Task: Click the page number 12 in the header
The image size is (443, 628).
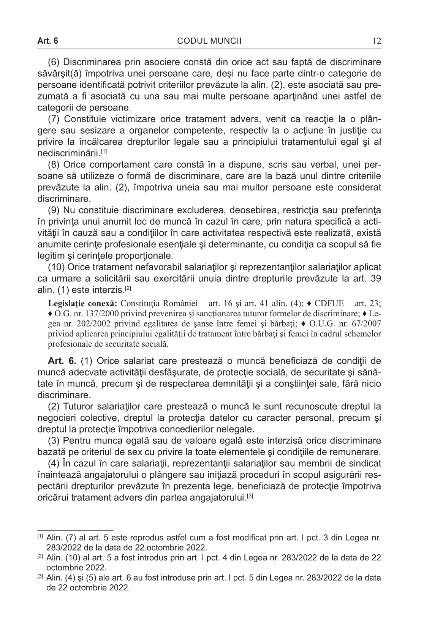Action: click(377, 41)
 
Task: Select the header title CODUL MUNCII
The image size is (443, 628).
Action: click(209, 41)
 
